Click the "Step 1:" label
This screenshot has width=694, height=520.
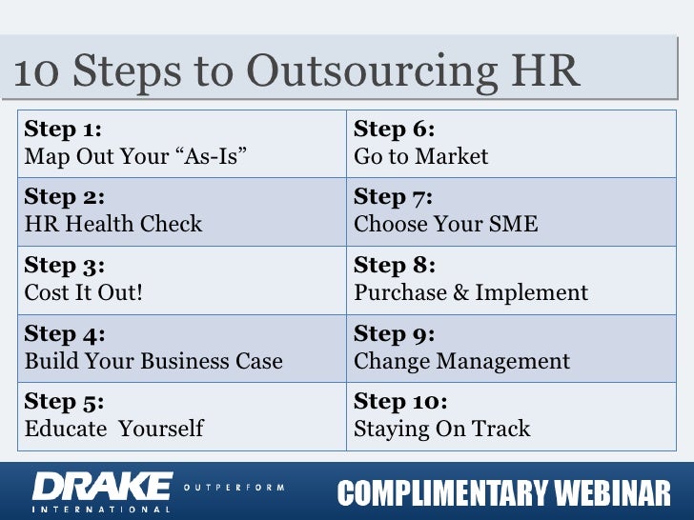[63, 129]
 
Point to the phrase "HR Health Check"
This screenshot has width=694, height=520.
[113, 224]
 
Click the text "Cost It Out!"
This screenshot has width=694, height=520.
[84, 292]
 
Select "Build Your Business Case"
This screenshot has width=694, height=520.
[153, 361]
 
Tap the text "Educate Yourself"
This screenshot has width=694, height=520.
[113, 429]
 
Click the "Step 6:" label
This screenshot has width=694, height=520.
[394, 129]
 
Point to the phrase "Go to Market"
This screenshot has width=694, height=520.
[420, 155]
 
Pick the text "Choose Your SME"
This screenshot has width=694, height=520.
[445, 224]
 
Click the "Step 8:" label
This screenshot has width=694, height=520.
[394, 265]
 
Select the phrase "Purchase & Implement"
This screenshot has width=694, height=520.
[471, 292]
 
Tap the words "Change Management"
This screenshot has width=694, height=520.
[461, 361]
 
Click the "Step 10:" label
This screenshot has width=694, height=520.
[400, 402]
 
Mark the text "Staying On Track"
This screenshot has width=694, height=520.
[441, 429]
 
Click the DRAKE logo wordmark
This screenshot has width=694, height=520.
[103, 485]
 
